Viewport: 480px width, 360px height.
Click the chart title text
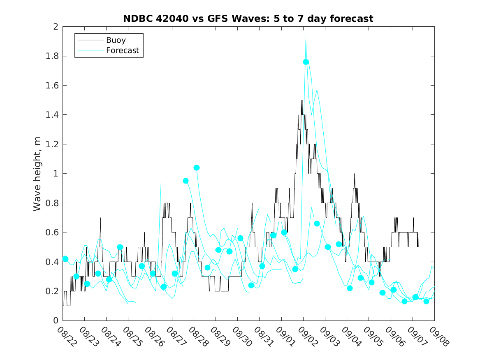(248, 19)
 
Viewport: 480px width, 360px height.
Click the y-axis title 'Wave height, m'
(37, 174)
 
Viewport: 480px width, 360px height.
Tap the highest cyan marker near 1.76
(306, 62)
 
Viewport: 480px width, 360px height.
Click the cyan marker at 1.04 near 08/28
(197, 167)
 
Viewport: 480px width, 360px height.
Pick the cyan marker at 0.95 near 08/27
(186, 181)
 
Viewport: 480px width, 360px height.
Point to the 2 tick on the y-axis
(56, 27)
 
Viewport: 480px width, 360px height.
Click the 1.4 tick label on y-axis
(52, 115)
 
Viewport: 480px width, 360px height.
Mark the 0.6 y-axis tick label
(52, 232)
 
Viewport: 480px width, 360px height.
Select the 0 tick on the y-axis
(56, 321)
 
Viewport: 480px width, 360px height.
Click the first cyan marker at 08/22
(65, 259)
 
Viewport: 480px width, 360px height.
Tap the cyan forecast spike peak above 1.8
(306, 40)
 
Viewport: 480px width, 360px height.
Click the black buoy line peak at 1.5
(301, 100)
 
